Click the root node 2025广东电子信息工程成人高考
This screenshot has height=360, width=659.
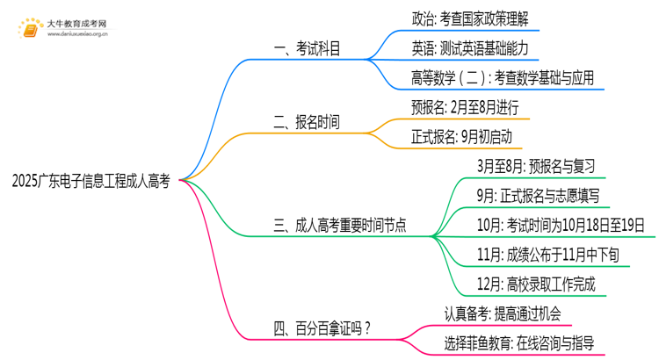coord(91,181)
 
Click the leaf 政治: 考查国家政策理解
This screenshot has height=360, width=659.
coord(470,18)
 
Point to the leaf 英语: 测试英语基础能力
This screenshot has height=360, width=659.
coord(470,47)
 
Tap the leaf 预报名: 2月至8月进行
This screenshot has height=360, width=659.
coord(470,107)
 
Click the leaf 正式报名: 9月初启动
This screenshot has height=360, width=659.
coord(461,136)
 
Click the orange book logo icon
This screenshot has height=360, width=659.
coord(29,31)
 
